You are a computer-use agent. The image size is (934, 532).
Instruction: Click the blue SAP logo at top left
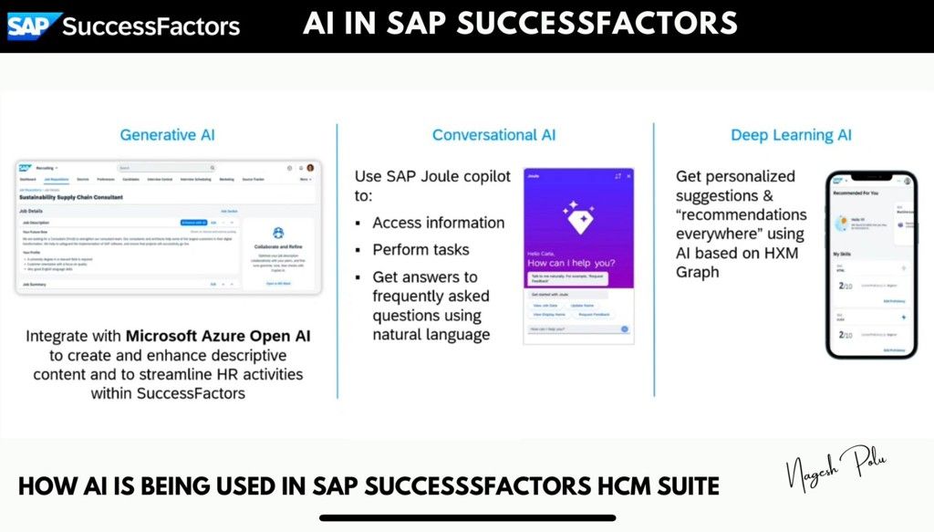tap(35, 26)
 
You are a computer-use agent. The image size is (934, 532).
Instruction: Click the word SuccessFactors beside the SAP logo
tap(150, 26)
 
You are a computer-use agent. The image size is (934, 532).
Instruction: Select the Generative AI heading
tap(168, 135)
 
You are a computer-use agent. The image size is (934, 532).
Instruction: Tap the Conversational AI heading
tap(493, 135)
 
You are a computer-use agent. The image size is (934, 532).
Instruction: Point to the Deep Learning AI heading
tap(791, 135)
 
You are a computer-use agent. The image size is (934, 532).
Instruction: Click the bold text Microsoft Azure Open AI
tap(218, 336)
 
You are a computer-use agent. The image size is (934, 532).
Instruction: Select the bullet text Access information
tap(438, 223)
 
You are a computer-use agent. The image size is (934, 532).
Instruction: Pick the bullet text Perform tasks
tap(420, 249)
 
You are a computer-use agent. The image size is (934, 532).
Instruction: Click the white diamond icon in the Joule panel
tap(577, 217)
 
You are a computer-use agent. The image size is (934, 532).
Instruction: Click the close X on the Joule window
tap(628, 176)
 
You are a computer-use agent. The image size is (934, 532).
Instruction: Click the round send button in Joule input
tap(625, 329)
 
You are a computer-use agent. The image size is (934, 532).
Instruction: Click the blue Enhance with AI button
tap(193, 222)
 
